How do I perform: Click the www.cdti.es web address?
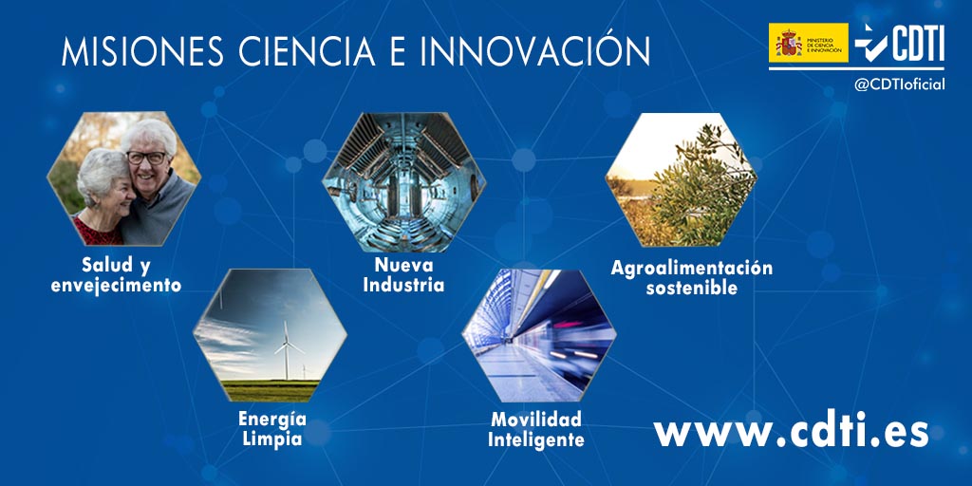(791, 432)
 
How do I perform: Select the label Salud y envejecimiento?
(116, 273)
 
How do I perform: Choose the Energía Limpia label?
(271, 429)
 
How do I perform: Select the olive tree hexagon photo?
(682, 180)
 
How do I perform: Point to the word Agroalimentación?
(691, 268)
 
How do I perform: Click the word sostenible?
(691, 288)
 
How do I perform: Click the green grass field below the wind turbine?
(271, 389)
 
